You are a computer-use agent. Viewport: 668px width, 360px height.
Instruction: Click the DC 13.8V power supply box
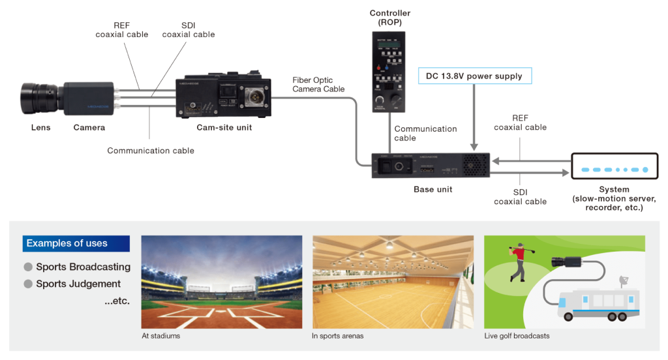474,76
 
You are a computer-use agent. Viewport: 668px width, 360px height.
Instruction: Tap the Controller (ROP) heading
390,18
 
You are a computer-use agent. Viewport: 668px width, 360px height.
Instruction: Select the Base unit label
433,190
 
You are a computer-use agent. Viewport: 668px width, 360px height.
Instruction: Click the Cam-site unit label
224,128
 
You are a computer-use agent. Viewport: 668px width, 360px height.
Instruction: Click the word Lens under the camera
40,128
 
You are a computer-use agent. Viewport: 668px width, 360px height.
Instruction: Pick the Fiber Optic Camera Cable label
318,84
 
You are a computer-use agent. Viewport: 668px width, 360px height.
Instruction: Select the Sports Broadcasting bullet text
83,267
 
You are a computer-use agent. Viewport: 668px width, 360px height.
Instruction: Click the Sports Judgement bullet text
78,284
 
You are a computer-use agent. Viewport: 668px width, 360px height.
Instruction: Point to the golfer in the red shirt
520,262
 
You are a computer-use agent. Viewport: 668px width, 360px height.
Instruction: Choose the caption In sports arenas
337,336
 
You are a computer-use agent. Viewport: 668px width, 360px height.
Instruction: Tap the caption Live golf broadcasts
517,336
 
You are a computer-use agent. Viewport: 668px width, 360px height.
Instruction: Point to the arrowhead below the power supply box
474,147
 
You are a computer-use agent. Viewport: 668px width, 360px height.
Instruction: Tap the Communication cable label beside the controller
425,133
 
